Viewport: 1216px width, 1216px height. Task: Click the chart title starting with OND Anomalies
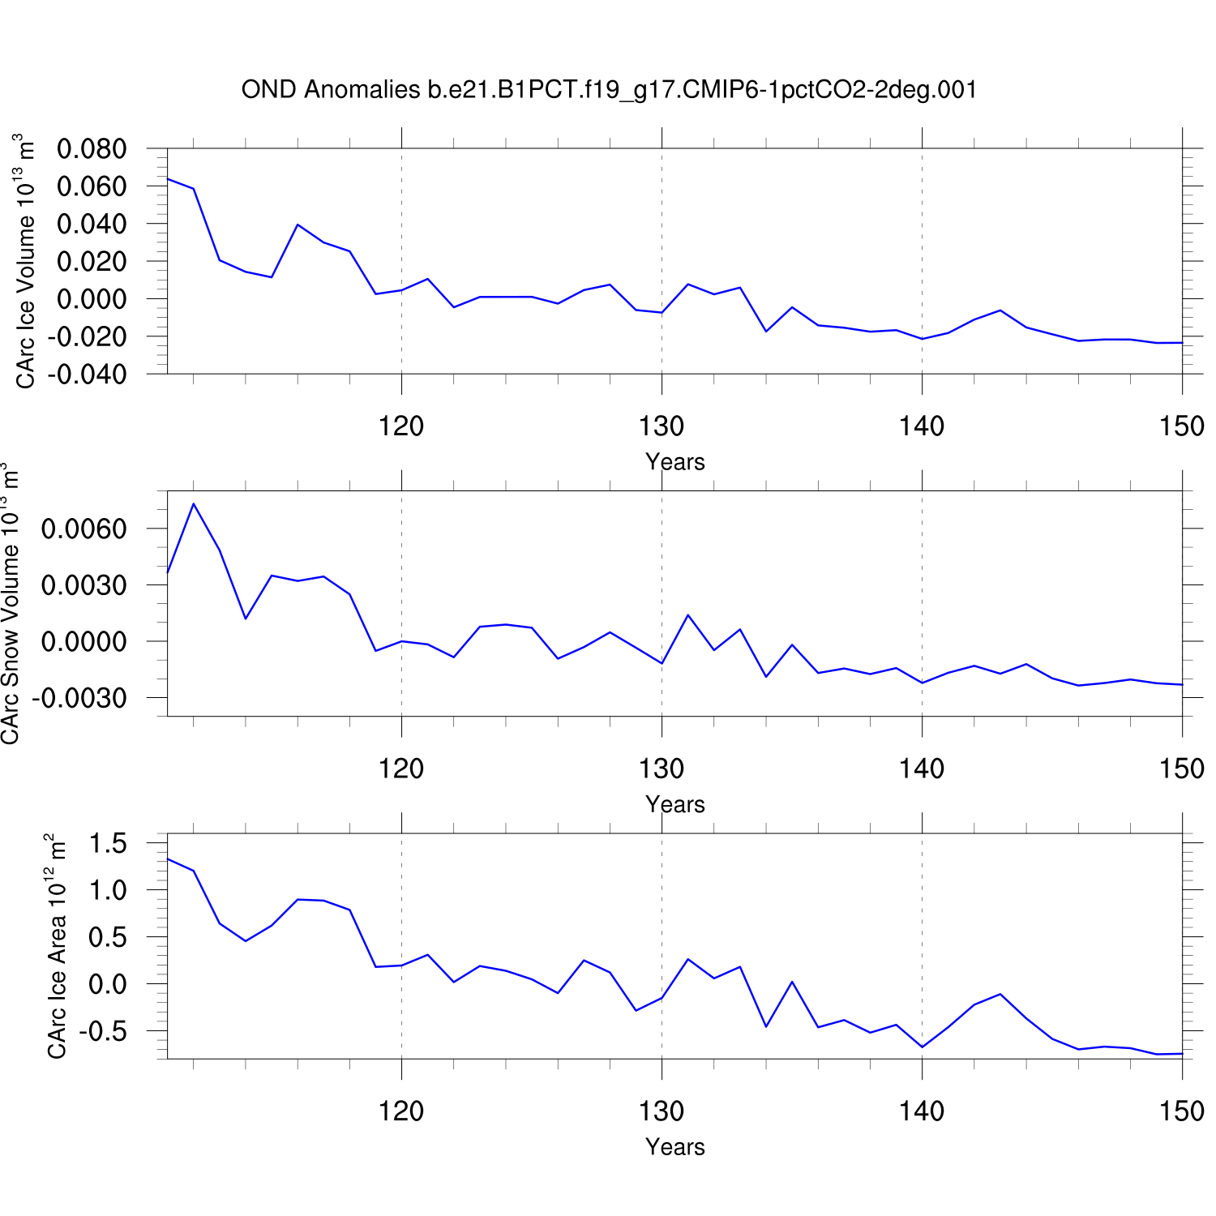click(x=609, y=89)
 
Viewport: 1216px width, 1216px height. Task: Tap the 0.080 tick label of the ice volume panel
click(x=92, y=149)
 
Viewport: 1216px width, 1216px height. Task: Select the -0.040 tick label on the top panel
click(x=87, y=375)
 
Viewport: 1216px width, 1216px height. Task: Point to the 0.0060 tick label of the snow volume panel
click(x=84, y=529)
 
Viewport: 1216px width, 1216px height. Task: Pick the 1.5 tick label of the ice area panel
click(x=108, y=844)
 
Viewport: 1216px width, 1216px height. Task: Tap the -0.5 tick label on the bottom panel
click(x=103, y=1032)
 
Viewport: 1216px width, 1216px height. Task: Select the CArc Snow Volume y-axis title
click(x=10, y=603)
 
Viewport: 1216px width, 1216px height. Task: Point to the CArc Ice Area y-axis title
click(x=56, y=946)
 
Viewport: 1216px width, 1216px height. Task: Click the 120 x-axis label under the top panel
click(x=401, y=426)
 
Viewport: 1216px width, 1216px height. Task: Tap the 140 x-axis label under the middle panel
click(x=922, y=769)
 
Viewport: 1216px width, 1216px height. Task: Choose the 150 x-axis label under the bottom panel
click(x=1181, y=1111)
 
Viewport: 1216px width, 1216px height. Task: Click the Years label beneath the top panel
click(x=674, y=462)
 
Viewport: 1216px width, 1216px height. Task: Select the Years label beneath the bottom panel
click(x=674, y=1147)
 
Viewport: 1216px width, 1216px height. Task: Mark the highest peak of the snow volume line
click(x=193, y=503)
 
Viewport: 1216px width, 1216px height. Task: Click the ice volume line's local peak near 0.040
click(x=298, y=225)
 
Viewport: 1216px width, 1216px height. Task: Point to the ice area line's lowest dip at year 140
click(x=923, y=1047)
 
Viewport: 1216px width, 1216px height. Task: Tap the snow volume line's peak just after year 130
click(x=687, y=615)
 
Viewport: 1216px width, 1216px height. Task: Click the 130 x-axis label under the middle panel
click(x=662, y=769)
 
